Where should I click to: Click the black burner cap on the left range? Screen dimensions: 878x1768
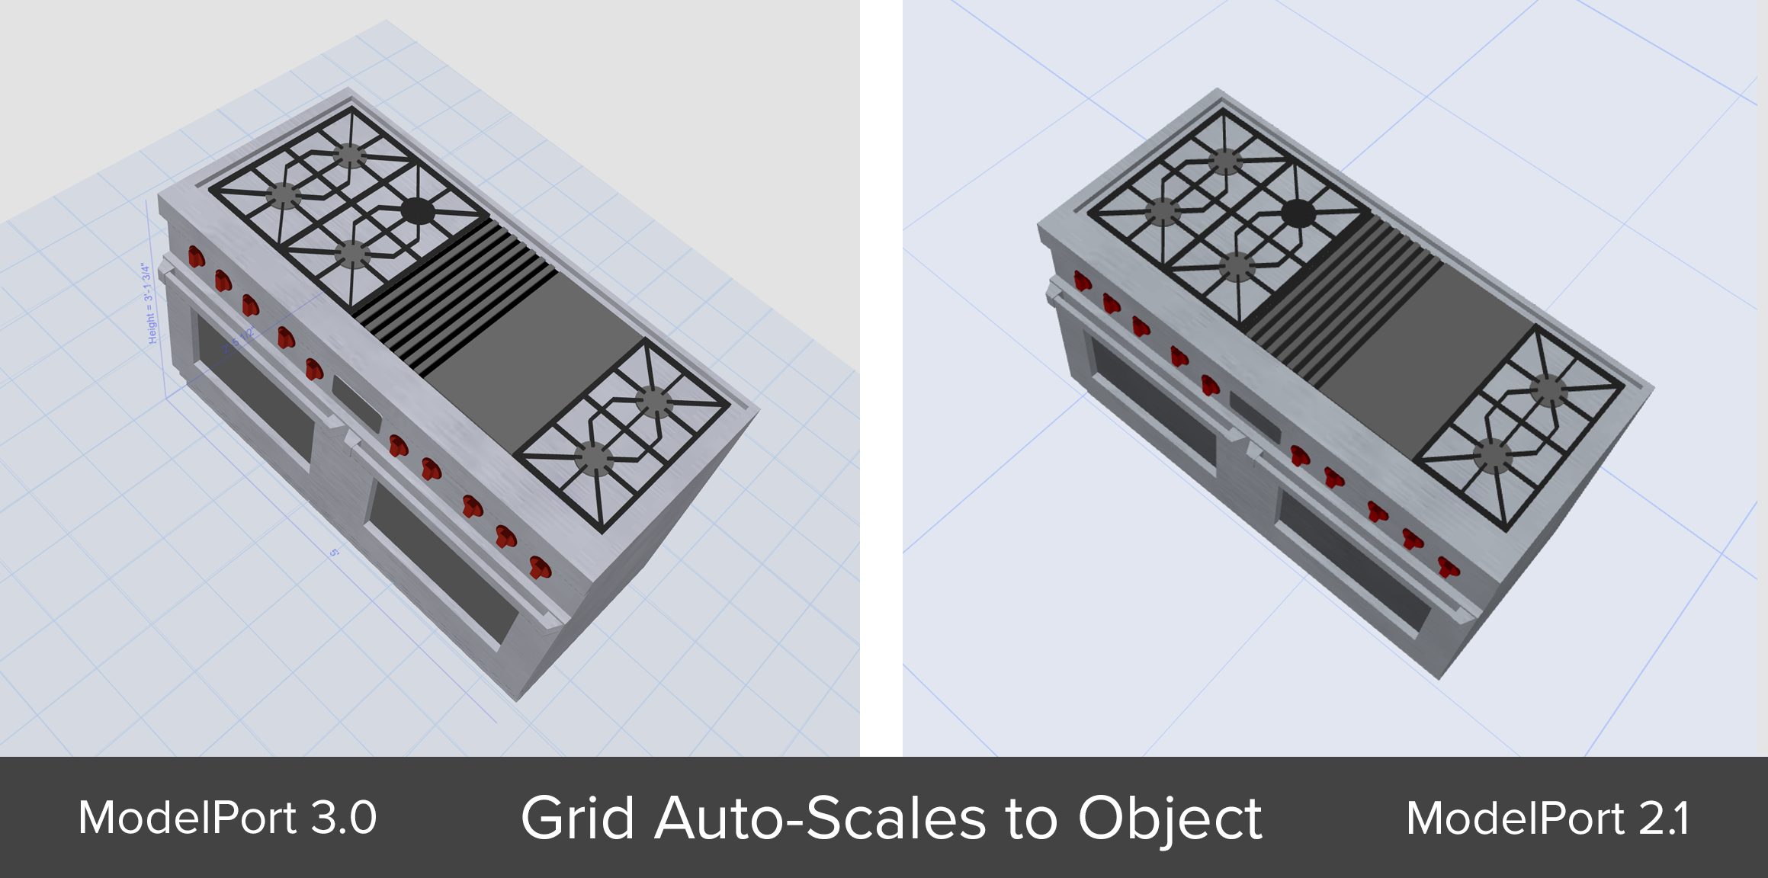point(416,211)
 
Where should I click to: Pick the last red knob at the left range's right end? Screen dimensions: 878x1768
point(539,567)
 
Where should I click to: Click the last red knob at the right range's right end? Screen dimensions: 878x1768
point(1448,567)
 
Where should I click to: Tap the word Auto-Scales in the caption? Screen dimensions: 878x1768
point(820,819)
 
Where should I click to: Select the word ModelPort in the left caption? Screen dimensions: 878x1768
point(187,819)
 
